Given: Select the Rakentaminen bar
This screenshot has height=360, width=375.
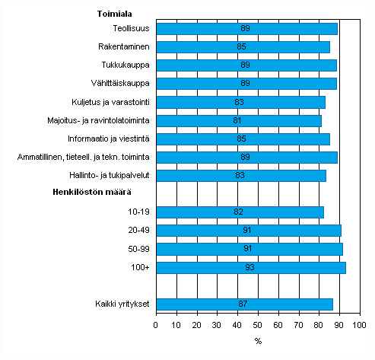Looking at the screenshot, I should pyautogui.click(x=243, y=47).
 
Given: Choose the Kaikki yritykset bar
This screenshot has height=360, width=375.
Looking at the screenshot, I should pyautogui.click(x=244, y=304).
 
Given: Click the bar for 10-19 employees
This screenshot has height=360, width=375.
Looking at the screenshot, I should pyautogui.click(x=240, y=212).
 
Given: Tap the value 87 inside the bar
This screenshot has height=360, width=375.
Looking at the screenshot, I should pyautogui.click(x=243, y=304).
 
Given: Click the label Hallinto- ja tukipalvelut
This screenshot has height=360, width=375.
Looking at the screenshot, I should pyautogui.click(x=108, y=175).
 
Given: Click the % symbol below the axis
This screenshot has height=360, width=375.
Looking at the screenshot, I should pyautogui.click(x=258, y=340).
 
